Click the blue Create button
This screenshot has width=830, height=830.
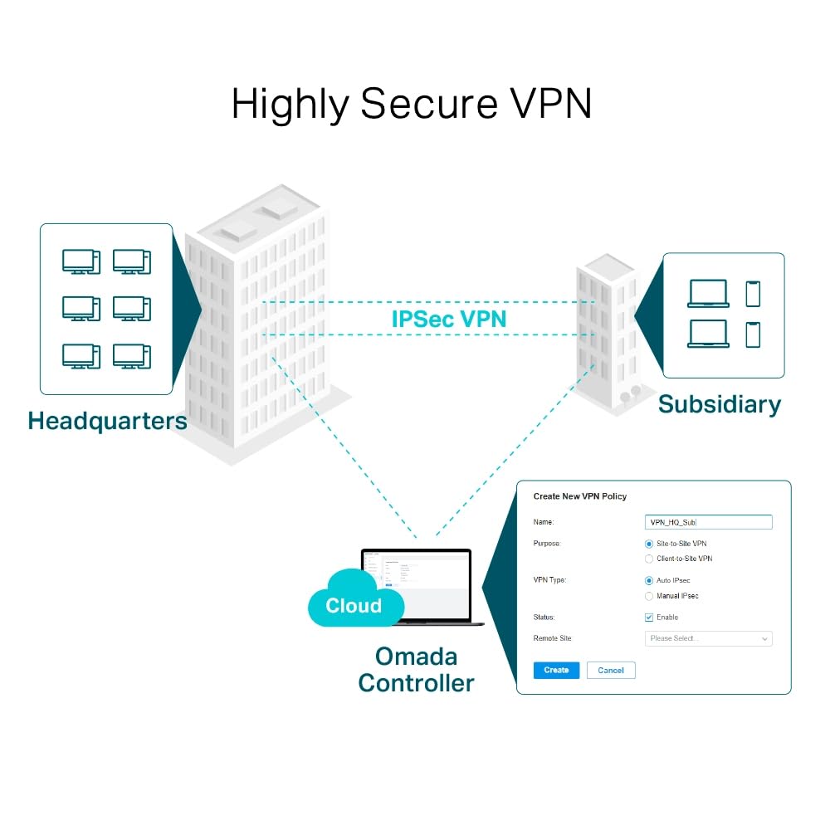pos(556,670)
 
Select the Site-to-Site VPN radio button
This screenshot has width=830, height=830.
pos(649,543)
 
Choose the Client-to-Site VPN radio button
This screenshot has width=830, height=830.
pos(649,559)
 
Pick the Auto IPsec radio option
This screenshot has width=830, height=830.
pos(649,580)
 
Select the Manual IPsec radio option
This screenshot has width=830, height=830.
pos(649,596)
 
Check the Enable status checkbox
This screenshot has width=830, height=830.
pos(649,618)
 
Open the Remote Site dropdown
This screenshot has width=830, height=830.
pos(708,638)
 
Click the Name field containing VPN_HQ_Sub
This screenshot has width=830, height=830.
pos(708,522)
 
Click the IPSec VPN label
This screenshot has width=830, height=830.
pos(448,318)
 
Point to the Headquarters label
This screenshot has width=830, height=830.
pos(107,421)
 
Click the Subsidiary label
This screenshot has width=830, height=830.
pos(719,404)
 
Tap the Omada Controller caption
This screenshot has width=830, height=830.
pos(416,670)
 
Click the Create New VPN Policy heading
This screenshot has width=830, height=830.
pos(579,496)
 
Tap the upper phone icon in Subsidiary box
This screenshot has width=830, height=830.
pos(753,294)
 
